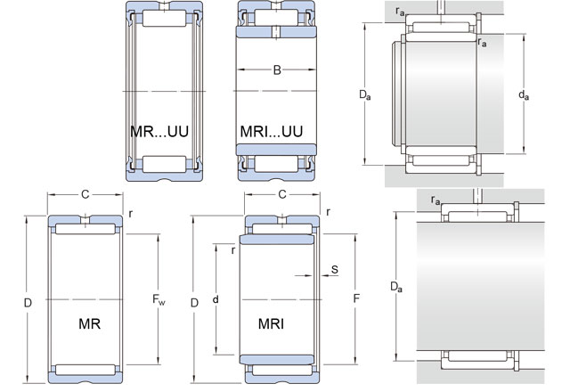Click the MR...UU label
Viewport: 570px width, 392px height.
click(160, 131)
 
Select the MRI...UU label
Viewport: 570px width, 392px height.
click(272, 131)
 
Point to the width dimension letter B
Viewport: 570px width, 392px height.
click(277, 70)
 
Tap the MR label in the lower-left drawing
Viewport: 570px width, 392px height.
click(89, 323)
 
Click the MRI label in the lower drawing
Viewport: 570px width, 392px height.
click(272, 323)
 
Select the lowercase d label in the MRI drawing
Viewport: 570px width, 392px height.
click(216, 300)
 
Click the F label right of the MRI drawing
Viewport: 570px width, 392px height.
click(357, 300)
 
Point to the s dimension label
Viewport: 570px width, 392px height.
click(334, 268)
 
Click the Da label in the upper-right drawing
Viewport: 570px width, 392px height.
click(364, 93)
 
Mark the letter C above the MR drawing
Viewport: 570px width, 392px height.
click(85, 194)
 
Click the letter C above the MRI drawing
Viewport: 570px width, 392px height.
click(281, 194)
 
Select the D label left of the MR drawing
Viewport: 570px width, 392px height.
click(28, 303)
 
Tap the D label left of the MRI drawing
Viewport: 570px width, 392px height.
click(193, 303)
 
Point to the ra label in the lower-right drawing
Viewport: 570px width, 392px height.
click(436, 202)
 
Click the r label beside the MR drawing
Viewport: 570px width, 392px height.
click(130, 214)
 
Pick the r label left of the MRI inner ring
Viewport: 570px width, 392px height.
click(232, 250)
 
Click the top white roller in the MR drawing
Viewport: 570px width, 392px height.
click(85, 230)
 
